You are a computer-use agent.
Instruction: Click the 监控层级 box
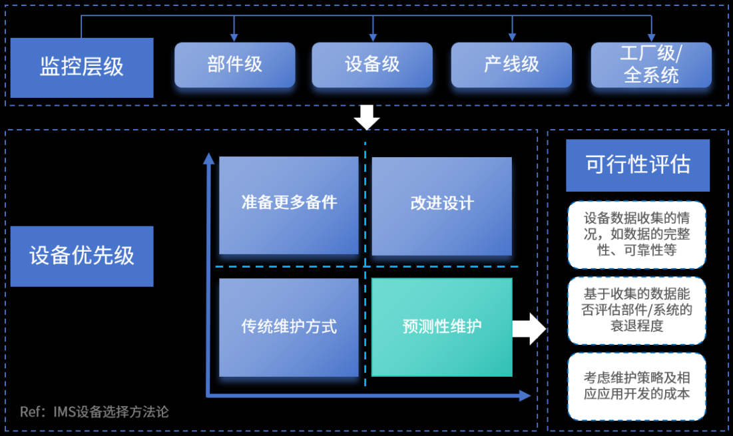[x=82, y=67]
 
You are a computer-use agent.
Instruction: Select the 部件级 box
[x=234, y=65]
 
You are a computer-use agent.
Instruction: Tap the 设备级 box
[x=372, y=65]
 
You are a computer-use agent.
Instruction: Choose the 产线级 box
[x=511, y=65]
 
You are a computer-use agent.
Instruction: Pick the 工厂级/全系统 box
[x=651, y=65]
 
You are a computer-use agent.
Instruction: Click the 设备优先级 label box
[x=82, y=256]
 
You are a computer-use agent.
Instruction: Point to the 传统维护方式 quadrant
[x=288, y=327]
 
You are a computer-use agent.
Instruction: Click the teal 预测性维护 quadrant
[x=441, y=327]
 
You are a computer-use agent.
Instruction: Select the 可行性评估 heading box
[x=638, y=165]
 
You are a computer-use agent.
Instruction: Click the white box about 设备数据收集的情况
[x=636, y=235]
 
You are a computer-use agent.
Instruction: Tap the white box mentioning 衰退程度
[x=636, y=310]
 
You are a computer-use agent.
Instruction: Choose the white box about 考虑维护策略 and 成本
[x=636, y=386]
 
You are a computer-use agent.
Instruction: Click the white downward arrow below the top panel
[x=367, y=117]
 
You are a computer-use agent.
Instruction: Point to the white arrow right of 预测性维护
[x=529, y=328]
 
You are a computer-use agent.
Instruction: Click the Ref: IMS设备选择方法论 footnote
[x=95, y=412]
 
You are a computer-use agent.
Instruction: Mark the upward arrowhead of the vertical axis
[x=209, y=158]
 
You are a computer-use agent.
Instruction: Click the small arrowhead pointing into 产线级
[x=512, y=37]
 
